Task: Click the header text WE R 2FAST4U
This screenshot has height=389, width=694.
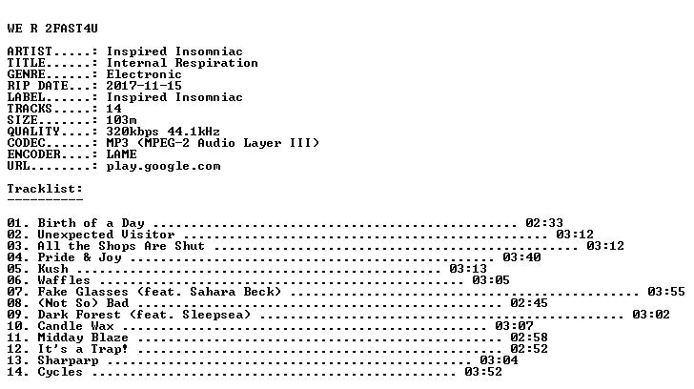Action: (52, 29)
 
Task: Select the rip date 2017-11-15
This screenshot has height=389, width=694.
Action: (144, 86)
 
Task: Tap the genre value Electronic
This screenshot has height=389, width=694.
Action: (144, 74)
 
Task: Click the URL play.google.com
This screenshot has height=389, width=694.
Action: (163, 167)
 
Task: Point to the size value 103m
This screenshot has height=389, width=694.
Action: (121, 120)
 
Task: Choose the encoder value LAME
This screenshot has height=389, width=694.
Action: (121, 154)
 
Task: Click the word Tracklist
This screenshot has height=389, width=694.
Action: (42, 189)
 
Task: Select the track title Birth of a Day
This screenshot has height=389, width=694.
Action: (91, 223)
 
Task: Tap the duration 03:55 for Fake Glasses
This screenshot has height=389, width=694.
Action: (666, 292)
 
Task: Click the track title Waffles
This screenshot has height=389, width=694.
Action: (64, 280)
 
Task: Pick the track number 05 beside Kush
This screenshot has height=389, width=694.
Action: (14, 269)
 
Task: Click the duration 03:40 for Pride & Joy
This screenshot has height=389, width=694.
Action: (521, 257)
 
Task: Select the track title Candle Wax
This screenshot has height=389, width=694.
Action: (75, 326)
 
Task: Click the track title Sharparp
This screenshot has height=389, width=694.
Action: (69, 360)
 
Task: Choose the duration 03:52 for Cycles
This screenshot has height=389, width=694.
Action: (483, 372)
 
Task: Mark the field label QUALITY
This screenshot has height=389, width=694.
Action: (33, 132)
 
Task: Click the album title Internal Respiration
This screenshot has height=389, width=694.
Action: (182, 63)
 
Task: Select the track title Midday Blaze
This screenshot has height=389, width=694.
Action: (83, 338)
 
